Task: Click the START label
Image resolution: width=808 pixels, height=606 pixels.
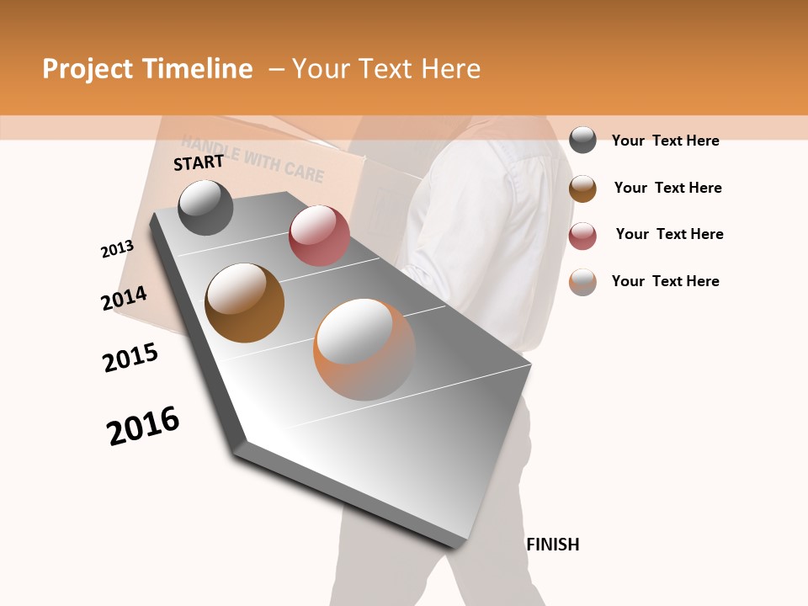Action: [199, 162]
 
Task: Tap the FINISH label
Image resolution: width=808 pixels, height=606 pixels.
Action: [553, 545]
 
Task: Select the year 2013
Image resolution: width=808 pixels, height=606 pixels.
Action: [117, 249]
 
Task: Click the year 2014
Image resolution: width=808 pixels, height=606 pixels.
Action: [124, 299]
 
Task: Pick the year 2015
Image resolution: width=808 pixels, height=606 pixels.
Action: [130, 358]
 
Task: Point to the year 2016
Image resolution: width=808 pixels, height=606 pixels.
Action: [143, 426]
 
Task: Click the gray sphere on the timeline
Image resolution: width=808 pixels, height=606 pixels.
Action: [205, 207]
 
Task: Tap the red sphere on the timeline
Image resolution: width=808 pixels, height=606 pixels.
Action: [319, 236]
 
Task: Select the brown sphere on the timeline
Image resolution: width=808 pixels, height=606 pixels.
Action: [245, 303]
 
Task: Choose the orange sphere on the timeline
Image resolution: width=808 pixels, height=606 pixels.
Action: [364, 349]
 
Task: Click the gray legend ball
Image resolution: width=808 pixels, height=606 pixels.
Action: [582, 140]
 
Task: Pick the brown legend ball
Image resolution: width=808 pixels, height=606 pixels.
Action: [582, 188]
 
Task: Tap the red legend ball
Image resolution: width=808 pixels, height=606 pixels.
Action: [582, 235]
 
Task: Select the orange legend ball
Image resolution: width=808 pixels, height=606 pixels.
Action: [582, 282]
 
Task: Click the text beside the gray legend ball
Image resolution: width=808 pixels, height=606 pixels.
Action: [665, 141]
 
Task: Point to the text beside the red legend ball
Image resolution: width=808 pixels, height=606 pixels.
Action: [669, 234]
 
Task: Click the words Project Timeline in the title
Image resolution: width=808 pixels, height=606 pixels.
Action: [147, 69]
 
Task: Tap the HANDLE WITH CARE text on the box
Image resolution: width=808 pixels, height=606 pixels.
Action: [252, 162]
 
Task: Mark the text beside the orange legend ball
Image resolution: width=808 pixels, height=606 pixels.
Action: [665, 281]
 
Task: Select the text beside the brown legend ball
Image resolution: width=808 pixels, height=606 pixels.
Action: [667, 188]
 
